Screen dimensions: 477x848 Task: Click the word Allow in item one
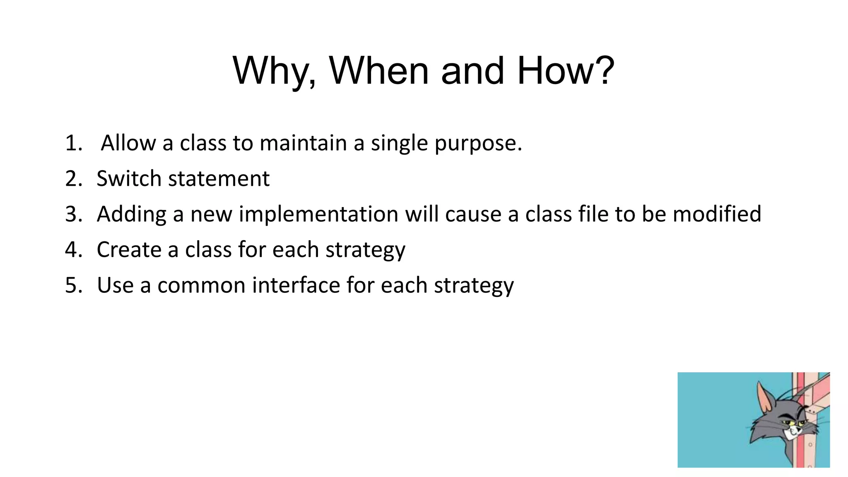(128, 143)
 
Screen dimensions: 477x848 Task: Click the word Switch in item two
(128, 179)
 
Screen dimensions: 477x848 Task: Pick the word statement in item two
(219, 179)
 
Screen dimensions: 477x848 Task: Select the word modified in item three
(716, 214)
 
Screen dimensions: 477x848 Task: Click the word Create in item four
(129, 250)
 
